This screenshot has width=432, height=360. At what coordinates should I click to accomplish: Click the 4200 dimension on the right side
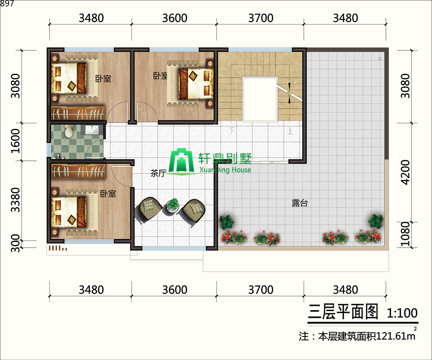tap(406, 172)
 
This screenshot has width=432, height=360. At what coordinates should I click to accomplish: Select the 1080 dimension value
tap(406, 235)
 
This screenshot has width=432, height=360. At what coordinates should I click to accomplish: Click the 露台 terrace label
tap(300, 203)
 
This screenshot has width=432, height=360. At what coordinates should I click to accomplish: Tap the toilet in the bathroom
tap(69, 130)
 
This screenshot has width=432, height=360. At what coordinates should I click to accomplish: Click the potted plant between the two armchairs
tap(172, 205)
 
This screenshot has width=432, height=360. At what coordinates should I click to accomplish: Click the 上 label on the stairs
tap(289, 130)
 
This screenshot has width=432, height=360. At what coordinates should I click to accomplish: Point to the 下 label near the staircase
tap(232, 130)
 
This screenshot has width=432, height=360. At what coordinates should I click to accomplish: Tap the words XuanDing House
tap(225, 169)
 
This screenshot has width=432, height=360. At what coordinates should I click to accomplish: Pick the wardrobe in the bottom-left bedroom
tap(78, 170)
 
